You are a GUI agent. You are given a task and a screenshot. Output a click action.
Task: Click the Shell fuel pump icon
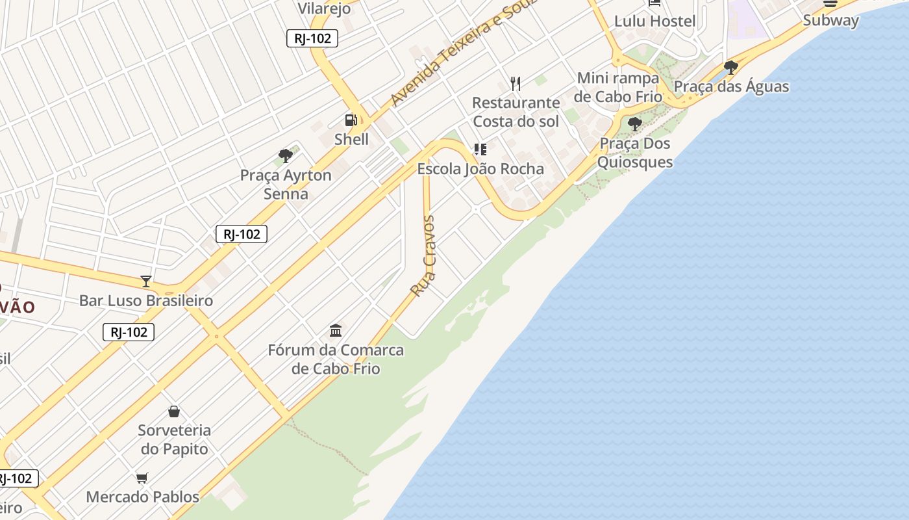[351, 120]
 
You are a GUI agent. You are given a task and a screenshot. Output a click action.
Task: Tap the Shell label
[351, 139]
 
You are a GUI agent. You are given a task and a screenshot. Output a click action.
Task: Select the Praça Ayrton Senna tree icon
[285, 155]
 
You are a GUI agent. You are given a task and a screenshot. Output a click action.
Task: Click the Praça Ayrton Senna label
[286, 185]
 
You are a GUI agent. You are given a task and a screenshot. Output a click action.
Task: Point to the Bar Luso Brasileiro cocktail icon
[146, 281]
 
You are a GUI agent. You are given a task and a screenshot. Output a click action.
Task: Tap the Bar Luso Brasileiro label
[146, 300]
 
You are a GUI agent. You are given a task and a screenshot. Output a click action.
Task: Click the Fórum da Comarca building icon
[336, 331]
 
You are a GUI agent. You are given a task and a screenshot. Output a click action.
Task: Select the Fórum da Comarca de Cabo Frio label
[336, 359]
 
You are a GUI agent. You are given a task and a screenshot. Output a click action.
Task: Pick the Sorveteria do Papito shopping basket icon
[174, 411]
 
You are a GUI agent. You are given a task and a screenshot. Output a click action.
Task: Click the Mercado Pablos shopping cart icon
[142, 478]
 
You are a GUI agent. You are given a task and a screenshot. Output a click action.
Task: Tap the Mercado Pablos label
[143, 497]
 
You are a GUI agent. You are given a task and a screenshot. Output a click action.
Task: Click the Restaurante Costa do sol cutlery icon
[516, 83]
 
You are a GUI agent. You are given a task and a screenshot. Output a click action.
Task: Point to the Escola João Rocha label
[480, 169]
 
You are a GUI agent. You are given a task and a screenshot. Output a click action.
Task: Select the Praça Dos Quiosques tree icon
[635, 123]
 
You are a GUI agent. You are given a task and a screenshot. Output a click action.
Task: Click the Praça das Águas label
[731, 86]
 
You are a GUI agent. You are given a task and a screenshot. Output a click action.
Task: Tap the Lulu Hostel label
[654, 21]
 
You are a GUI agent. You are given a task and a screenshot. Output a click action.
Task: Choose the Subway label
[830, 20]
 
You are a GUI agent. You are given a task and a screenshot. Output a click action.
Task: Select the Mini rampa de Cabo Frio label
[618, 87]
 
